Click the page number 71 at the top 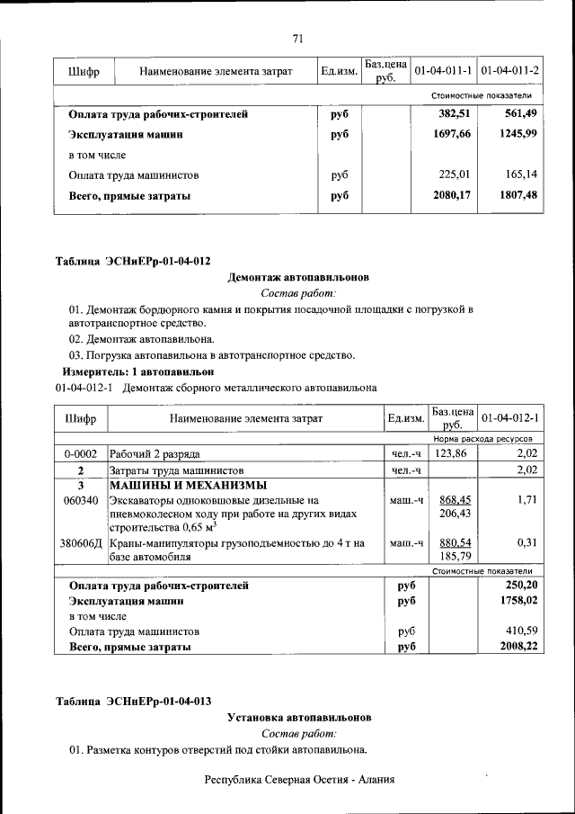tap(298, 38)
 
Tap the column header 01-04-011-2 tap(509, 70)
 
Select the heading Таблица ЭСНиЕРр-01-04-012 tap(133, 262)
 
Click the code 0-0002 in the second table tap(81, 453)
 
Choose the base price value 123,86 tap(451, 453)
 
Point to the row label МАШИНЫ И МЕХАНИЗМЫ tap(182, 486)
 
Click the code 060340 tap(81, 500)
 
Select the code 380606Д tap(81, 543)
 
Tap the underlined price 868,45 tap(456, 500)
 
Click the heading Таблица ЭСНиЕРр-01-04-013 tap(133, 702)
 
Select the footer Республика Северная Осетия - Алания tap(299, 779)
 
